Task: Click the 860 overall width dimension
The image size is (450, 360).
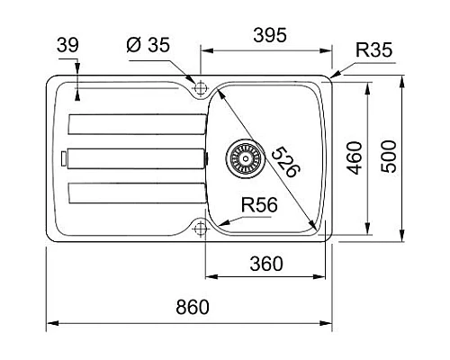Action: [x=193, y=307]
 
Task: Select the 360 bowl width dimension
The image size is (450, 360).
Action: [x=266, y=264]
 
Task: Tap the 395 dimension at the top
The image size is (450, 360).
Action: [x=270, y=35]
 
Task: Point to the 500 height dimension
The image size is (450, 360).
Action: [x=389, y=157]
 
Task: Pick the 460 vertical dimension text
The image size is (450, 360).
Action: [x=355, y=157]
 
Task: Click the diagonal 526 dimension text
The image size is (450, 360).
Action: [x=285, y=162]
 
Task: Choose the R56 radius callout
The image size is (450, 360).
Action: [x=259, y=205]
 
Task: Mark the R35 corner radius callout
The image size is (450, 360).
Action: [x=373, y=49]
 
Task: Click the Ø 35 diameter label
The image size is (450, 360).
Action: [x=148, y=45]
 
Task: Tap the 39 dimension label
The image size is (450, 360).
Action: [x=67, y=45]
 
